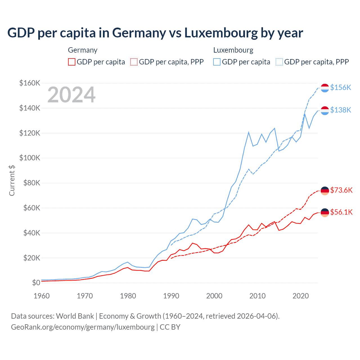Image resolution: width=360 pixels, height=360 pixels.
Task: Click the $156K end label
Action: [341, 88]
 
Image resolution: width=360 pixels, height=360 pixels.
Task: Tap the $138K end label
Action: [341, 110]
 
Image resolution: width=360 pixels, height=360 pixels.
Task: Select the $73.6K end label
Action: [341, 190]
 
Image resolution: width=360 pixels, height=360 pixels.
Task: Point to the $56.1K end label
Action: [341, 212]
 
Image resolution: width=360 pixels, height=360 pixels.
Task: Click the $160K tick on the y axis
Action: [30, 83]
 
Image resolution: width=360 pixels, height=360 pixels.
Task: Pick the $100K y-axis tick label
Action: [30, 158]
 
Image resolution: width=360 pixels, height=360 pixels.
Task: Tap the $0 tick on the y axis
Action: [36, 283]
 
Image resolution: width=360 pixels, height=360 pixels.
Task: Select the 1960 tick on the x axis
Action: [42, 296]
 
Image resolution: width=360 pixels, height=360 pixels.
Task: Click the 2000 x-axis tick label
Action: [214, 296]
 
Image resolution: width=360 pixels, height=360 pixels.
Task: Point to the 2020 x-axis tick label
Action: [301, 296]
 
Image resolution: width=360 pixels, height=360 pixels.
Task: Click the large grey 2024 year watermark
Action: [71, 95]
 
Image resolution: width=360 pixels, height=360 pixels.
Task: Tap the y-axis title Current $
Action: [12, 180]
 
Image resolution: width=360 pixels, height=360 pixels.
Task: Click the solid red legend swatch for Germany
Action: [72, 62]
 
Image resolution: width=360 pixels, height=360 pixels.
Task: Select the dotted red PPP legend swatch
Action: [134, 62]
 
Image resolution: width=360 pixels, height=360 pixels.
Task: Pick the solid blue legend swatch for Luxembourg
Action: [217, 62]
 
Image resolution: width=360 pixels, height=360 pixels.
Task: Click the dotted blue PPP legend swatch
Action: [279, 62]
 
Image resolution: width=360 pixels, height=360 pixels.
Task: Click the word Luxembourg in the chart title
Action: [221, 33]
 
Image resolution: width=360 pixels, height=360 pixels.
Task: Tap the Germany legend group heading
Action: [83, 50]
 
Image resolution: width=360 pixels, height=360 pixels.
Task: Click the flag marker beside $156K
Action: [325, 88]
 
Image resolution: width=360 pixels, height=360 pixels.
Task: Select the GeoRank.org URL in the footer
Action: [83, 327]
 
